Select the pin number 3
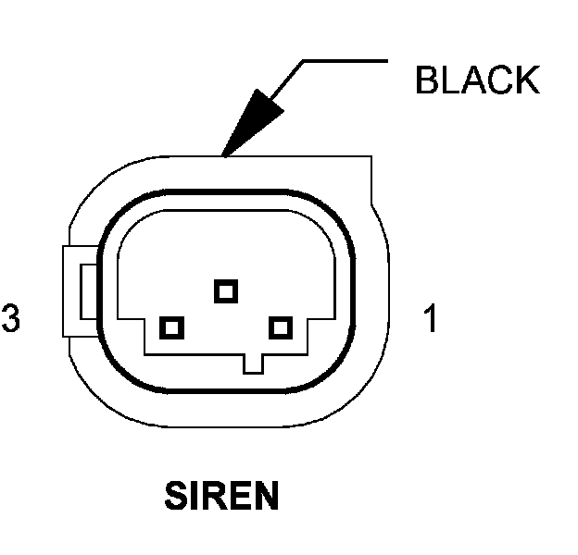pos(11,319)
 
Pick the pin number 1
pos(430,319)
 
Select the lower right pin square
pos(280,327)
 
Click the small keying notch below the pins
pos(253,363)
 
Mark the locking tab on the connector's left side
pos(82,290)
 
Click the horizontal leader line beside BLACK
pos(343,62)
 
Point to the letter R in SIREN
pos(213,497)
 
